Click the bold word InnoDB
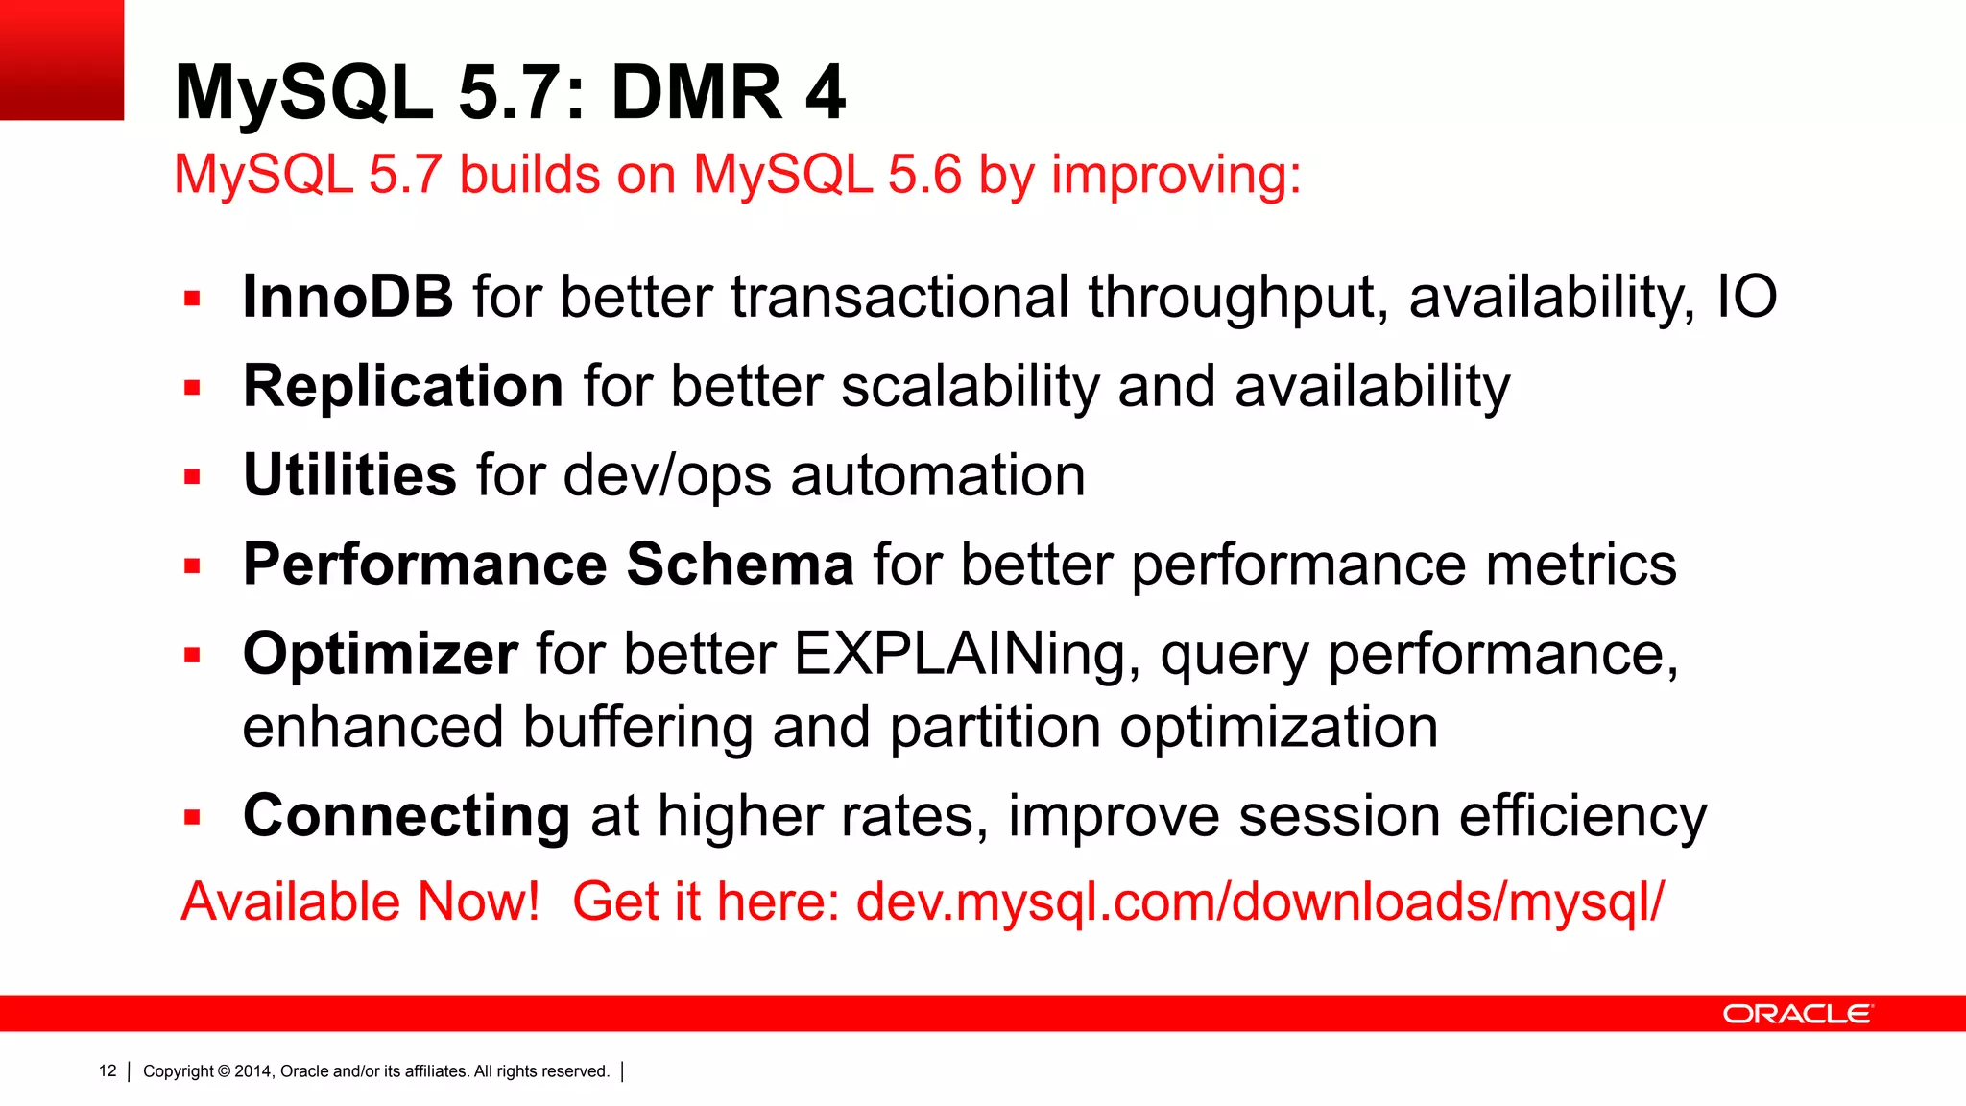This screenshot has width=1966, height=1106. pos(348,297)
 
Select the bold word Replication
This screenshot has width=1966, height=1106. pos(403,386)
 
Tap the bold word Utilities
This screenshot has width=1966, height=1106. pos(349,475)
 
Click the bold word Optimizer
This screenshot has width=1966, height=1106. pos(380,654)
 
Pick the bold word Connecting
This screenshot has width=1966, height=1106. pos(406,816)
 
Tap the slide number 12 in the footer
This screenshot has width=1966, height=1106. pos(108,1070)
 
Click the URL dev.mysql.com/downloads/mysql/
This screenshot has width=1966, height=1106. pos(1259,902)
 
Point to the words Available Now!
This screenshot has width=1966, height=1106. pos(361,902)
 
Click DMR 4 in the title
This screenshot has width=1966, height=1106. pos(729,93)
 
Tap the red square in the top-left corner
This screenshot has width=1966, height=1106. pos(61,60)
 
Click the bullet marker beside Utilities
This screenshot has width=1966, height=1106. pos(193,477)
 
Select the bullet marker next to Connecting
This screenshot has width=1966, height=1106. pos(193,818)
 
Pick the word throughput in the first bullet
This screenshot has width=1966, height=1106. pos(1238,298)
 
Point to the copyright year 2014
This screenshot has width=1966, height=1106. pos(253,1071)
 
